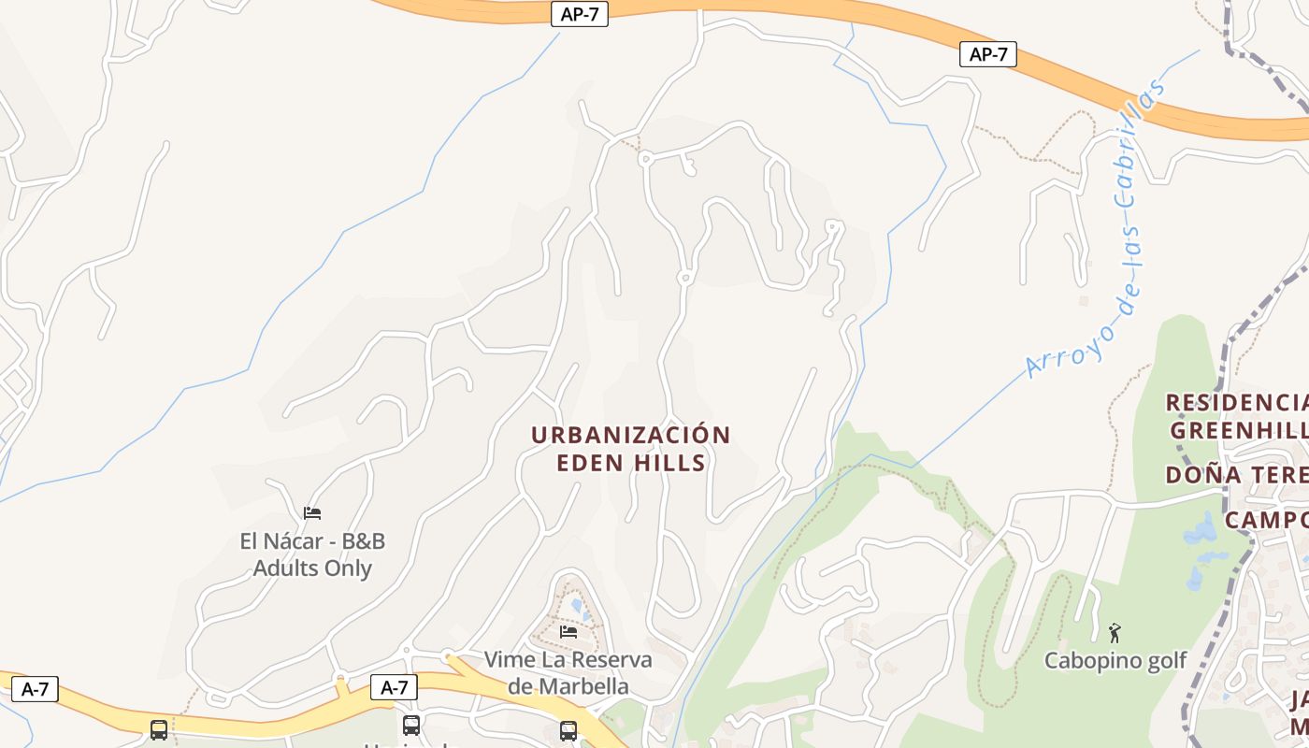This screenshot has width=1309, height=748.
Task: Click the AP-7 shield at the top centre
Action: click(x=579, y=14)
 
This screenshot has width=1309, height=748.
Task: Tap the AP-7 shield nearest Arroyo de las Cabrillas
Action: click(x=987, y=54)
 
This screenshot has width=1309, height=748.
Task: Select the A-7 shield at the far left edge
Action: click(x=35, y=690)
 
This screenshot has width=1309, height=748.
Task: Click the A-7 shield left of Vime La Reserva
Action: click(x=394, y=687)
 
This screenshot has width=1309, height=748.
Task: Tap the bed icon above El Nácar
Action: click(x=312, y=512)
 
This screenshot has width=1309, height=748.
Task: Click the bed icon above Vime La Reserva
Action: click(x=568, y=632)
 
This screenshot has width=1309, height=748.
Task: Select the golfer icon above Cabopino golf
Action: click(x=1115, y=633)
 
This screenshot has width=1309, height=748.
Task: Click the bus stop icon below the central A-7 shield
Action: click(x=411, y=726)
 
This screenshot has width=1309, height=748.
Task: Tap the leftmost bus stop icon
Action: click(x=159, y=729)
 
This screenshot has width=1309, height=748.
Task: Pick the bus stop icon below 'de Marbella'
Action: click(x=568, y=730)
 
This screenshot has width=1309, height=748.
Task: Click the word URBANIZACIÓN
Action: click(x=631, y=436)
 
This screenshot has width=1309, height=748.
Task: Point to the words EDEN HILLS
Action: click(x=631, y=463)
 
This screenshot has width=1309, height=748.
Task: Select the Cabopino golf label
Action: click(x=1115, y=660)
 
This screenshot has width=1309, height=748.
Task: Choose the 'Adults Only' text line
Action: click(x=312, y=568)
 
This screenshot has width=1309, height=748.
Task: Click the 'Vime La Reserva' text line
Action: click(x=568, y=659)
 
